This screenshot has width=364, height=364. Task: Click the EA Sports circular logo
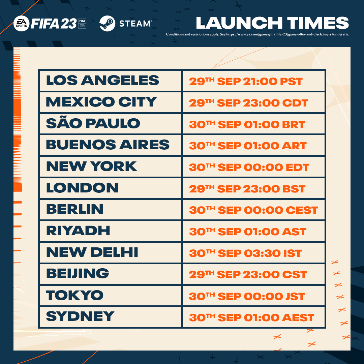[21, 24]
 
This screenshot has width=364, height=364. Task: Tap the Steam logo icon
[107, 24]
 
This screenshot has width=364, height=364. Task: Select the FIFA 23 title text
[54, 24]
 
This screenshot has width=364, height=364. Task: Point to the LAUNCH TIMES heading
[272, 23]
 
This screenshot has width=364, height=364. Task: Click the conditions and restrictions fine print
[257, 34]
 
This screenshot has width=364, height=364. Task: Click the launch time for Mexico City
[248, 103]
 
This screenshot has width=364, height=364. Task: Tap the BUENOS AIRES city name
[108, 145]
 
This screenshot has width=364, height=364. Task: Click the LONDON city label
[82, 188]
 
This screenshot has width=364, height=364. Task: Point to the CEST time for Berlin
[253, 210]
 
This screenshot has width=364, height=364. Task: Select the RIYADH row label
[78, 231]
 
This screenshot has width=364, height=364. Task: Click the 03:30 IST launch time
[245, 253]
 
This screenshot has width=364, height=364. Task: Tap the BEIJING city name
[78, 273]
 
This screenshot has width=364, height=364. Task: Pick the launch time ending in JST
[247, 296]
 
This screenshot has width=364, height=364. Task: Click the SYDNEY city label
[80, 316]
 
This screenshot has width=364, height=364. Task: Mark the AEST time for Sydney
[252, 317]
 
